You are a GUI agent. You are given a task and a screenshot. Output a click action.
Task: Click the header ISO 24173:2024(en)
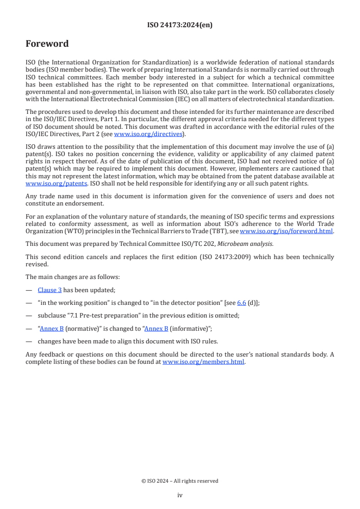180,25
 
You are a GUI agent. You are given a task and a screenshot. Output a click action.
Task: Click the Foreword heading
47,44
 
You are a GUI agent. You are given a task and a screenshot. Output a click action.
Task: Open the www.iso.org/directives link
148,134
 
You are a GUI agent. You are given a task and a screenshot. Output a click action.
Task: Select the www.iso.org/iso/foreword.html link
286,231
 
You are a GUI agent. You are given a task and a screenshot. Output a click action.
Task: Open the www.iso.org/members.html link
203,362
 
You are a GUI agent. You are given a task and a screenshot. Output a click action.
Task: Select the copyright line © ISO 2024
180,481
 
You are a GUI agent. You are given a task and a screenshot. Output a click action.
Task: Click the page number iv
180,495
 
